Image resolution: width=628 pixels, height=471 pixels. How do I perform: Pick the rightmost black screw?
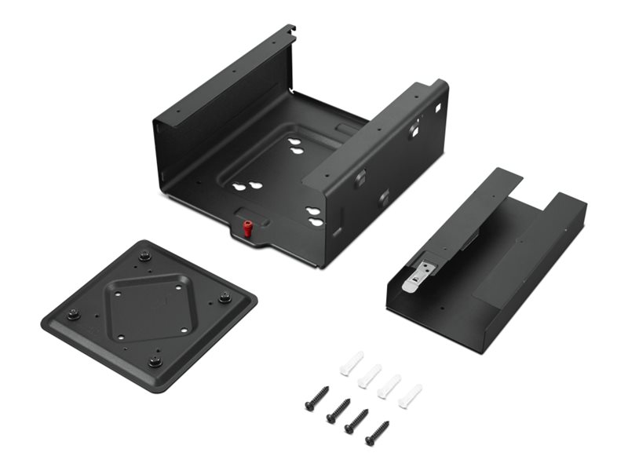click(x=377, y=431)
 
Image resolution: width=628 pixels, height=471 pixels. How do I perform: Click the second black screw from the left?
click(x=338, y=409)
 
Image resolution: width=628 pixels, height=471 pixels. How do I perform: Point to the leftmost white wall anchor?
click(x=350, y=363)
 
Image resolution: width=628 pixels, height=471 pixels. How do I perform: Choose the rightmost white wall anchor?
click(x=410, y=396)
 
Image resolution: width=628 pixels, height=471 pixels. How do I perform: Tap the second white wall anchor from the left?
click(x=370, y=375)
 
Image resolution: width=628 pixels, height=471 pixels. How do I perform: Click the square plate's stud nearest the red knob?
click(x=225, y=297)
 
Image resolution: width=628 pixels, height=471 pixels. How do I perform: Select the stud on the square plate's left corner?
click(x=73, y=315)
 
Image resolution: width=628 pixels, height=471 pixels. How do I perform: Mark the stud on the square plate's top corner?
click(x=144, y=255)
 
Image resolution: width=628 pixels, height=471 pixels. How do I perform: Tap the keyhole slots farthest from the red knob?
click(x=296, y=146)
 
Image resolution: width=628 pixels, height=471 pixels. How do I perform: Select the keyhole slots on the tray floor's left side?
click(x=243, y=188)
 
